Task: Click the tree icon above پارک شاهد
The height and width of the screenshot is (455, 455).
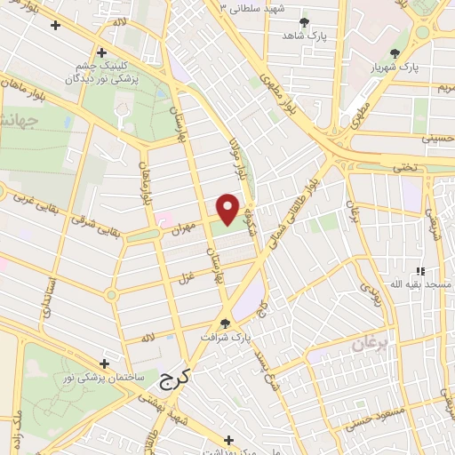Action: pos(304,21)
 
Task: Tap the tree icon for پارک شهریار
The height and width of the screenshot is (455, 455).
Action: pos(395,53)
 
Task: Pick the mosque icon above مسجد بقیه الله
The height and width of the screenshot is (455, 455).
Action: pos(420,270)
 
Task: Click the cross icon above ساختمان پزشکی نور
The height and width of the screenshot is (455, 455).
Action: pos(105,363)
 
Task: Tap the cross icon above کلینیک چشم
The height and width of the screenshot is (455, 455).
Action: pos(102,52)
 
